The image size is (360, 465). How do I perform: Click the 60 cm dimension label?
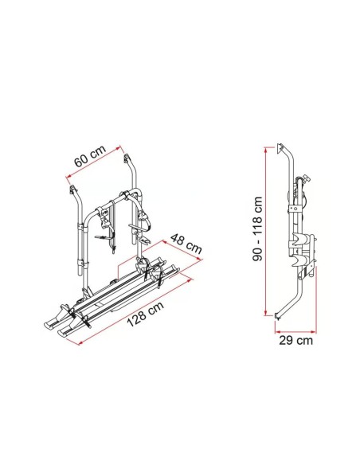click(x=90, y=156)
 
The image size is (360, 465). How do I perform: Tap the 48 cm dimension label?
click(x=186, y=243)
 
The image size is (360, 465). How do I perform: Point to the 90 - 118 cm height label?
click(x=257, y=229)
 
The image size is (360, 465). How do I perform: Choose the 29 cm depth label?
click(x=295, y=341)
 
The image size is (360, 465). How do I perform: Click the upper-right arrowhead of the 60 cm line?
click(x=119, y=147)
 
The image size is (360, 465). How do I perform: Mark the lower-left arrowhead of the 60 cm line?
click(x=68, y=177)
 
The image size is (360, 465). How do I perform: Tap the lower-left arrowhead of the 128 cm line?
click(x=78, y=343)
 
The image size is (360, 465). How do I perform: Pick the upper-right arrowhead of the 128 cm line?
click(x=190, y=279)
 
